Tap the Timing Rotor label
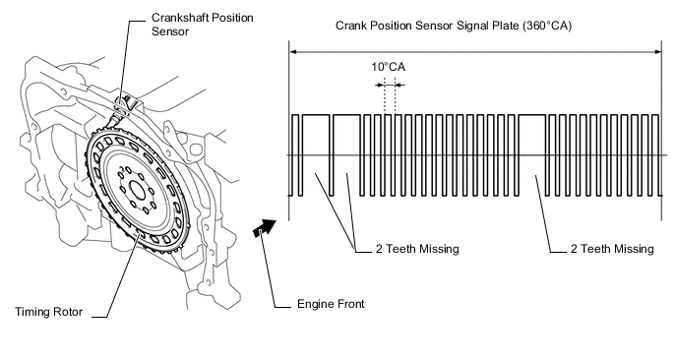point(49,312)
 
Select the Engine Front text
point(331,304)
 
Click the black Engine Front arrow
point(265,227)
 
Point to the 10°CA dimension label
point(388,67)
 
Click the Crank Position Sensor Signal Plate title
point(454,26)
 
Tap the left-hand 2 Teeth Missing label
point(417,249)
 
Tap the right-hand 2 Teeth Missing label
point(612,249)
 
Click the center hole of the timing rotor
point(138,190)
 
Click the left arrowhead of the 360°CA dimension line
point(292,52)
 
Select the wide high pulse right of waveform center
point(532,115)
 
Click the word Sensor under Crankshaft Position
point(170,31)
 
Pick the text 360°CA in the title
point(547,26)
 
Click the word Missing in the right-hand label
point(635,249)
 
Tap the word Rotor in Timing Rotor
point(67,312)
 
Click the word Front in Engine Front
point(348,304)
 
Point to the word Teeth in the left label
point(401,249)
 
